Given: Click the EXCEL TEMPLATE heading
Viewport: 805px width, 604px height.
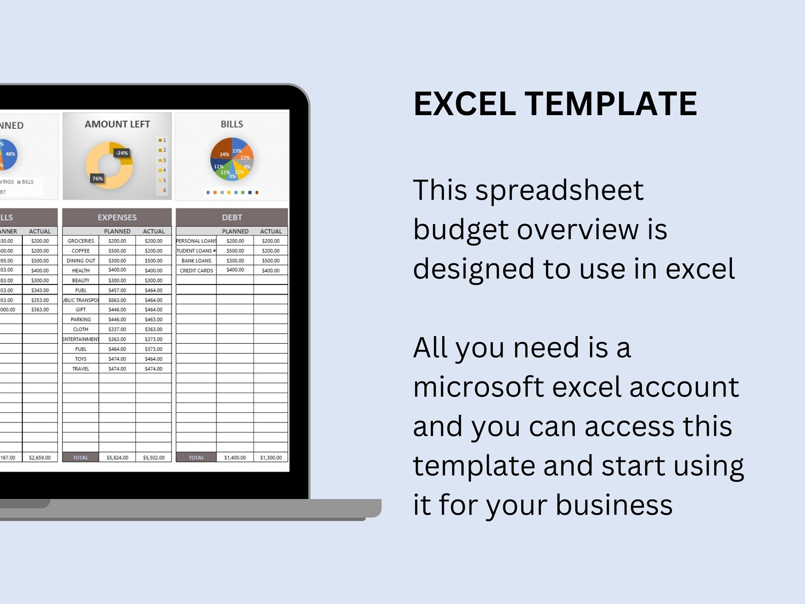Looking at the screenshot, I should coord(555,104).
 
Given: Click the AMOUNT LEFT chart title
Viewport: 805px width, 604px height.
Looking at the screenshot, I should coord(117,124).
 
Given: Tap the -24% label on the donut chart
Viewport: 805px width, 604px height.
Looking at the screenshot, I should coord(122,153).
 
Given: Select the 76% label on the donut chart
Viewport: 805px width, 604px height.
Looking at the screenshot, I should coord(97,179).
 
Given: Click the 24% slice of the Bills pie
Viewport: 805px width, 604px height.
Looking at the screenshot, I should coord(223,152).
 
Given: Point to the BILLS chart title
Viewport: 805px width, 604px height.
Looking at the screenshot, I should coord(232,124).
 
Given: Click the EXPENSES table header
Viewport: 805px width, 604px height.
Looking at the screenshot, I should coord(117,217).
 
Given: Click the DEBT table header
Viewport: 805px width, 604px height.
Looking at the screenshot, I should coord(232,217).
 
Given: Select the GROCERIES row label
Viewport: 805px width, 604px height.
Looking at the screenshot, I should coord(81,241).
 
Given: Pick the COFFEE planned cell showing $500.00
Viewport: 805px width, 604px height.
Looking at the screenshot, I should coord(117,251).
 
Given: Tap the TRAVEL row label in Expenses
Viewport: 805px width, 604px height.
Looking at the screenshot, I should coord(81,369).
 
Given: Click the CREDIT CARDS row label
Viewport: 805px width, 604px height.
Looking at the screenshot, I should coord(196,270).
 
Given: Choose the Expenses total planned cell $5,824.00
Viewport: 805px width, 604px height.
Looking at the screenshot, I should coord(117,457).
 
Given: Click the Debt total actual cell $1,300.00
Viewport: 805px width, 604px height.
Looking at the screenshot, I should coord(271,457).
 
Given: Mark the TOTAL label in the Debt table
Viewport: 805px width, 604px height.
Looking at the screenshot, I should coord(196,457).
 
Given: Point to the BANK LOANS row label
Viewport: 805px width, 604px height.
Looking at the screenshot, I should coord(196,261).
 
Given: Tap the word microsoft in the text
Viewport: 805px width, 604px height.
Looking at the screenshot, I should coord(478,387).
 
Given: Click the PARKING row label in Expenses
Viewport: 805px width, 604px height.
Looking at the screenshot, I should coord(81,319).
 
